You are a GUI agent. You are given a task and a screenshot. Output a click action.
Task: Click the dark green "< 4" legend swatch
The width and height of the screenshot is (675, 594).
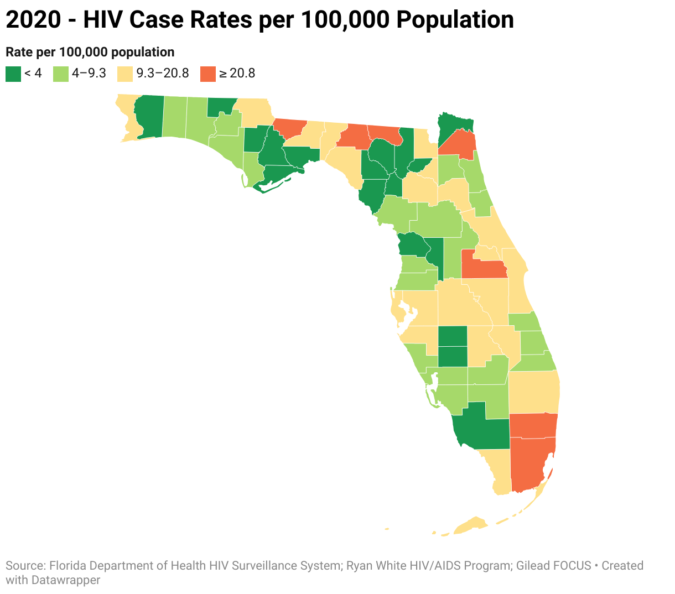[13, 74]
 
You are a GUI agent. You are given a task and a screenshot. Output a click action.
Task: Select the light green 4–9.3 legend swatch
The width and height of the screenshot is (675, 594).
[61, 74]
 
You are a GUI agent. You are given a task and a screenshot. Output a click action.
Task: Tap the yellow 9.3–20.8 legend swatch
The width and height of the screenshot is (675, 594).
[126, 74]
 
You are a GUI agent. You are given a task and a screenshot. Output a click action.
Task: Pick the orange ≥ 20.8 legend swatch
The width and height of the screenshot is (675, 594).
[208, 74]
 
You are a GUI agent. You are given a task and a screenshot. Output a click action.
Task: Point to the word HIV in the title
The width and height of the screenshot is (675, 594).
[102, 20]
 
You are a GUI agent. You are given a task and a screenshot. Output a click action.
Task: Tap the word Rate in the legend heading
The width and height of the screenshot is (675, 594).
[18, 53]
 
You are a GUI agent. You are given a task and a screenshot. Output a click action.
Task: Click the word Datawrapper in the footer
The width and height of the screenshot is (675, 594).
[66, 580]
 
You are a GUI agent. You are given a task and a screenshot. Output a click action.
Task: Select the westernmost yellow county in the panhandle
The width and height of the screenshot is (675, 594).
[127, 116]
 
